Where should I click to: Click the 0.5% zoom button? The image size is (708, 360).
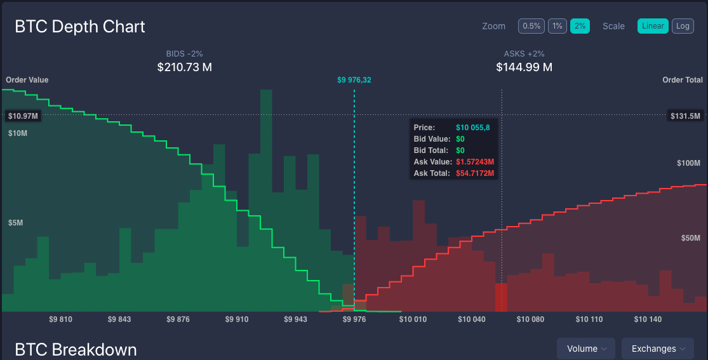coord(531,26)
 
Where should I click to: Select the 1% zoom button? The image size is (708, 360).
coord(558,26)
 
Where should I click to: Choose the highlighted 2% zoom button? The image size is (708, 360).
coord(580,26)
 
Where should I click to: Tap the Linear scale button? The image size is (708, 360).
coord(653,26)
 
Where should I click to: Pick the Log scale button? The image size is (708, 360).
coord(683,26)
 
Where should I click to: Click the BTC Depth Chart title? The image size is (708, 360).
coord(80,27)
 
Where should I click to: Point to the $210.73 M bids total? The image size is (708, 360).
coord(184,67)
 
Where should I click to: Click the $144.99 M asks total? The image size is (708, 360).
coord(524,67)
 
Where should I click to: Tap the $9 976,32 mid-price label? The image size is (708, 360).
coord(354,80)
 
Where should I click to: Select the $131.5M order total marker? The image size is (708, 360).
coord(685,116)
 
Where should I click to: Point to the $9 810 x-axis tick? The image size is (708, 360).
coord(61,319)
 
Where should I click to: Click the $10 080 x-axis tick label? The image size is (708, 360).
coord(531,319)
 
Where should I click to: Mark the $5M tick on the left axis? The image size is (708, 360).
coord(17,223)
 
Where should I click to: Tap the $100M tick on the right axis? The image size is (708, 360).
coord(688,163)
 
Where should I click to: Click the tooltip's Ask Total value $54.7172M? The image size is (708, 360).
coord(475,173)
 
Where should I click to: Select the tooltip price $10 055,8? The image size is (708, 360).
coord(472,128)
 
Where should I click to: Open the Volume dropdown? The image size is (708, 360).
coord(586,349)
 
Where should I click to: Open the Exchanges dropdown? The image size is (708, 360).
coord(657,349)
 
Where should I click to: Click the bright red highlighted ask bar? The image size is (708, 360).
coord(501,297)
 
